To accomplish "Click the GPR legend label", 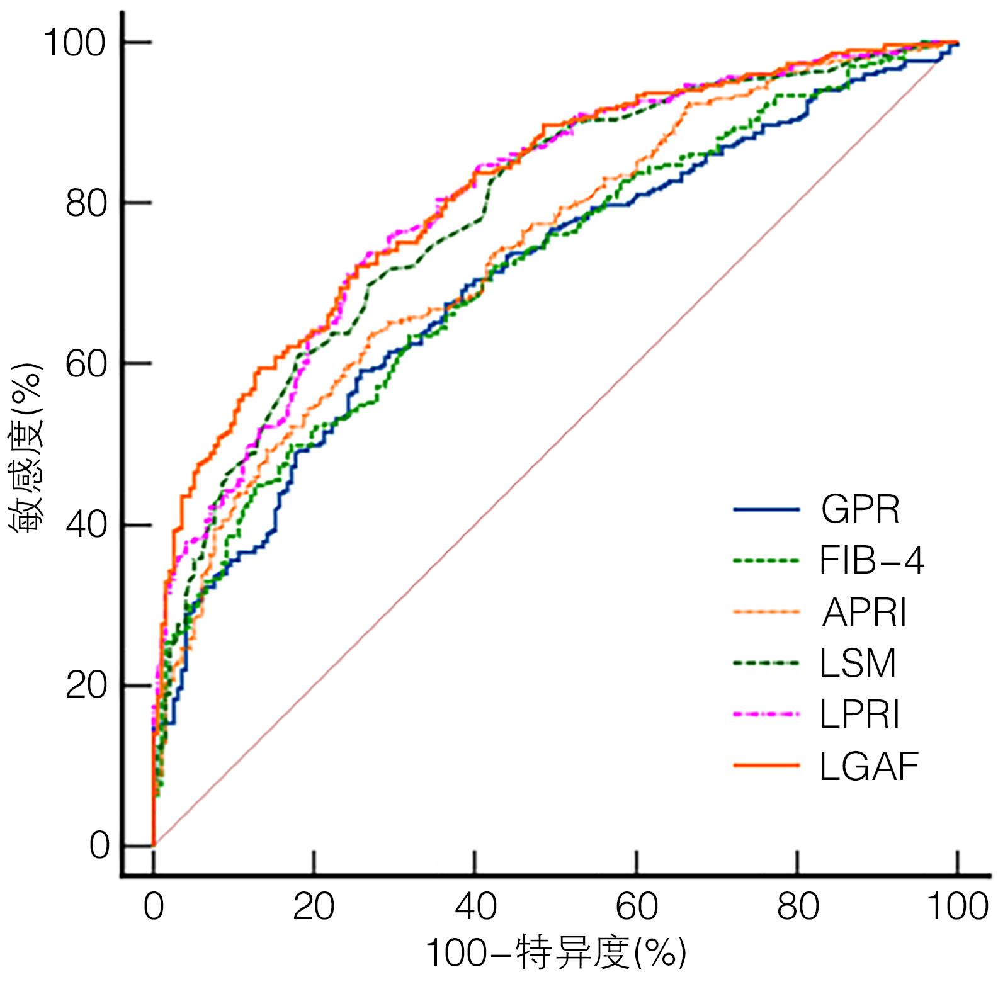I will (860, 509).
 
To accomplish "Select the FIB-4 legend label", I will (871, 560).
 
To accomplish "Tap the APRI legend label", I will (865, 612).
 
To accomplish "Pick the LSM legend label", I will (858, 664).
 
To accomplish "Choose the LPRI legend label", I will (860, 715).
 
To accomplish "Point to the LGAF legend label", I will (870, 766).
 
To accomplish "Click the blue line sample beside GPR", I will (766, 509).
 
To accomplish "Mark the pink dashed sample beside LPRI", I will (766, 715).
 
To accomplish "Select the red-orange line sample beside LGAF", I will (766, 766).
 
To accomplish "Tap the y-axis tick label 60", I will (84, 365).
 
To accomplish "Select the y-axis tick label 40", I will (84, 526).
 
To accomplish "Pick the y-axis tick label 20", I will (84, 686).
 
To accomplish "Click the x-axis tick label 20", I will (314, 907).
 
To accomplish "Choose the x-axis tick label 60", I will (637, 907).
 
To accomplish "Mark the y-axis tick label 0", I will (99, 846).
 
